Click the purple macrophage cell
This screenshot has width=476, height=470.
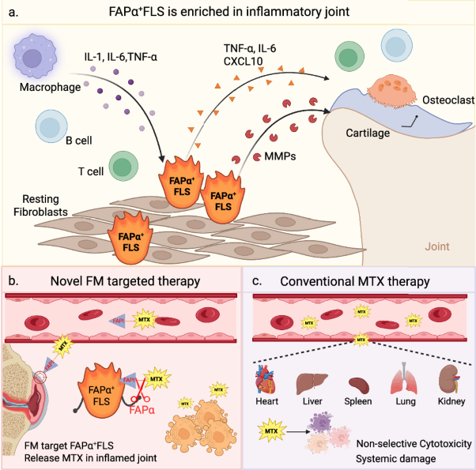(38, 59)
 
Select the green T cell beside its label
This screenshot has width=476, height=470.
(121, 167)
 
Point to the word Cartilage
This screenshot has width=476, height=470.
(368, 133)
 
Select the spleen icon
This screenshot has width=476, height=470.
(359, 385)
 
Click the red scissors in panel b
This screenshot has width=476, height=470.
(139, 399)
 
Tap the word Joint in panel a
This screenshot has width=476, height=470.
(436, 246)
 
